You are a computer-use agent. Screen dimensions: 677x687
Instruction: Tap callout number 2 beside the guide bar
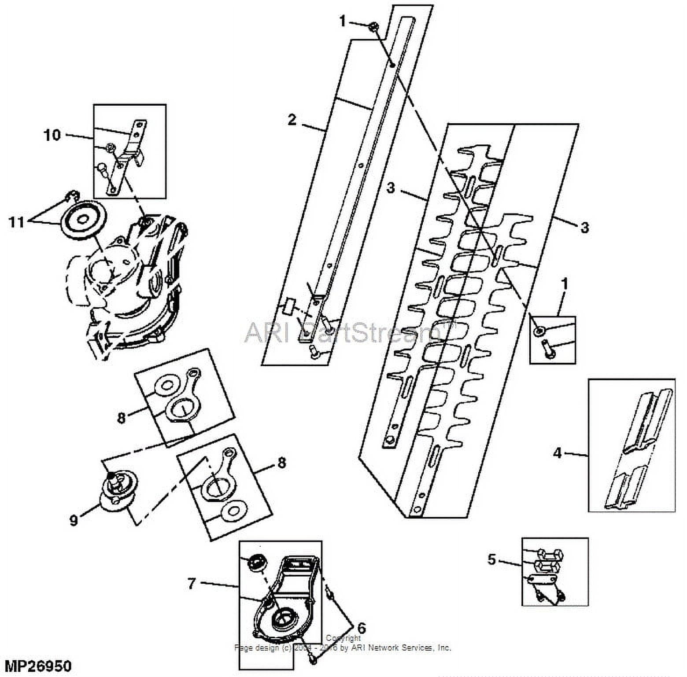click(x=292, y=120)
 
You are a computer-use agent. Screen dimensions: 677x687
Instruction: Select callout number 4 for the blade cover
click(x=558, y=453)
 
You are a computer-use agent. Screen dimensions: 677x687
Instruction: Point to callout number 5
click(x=492, y=559)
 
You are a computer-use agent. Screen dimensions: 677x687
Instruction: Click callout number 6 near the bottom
click(x=361, y=628)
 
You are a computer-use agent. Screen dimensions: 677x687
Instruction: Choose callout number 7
click(x=191, y=584)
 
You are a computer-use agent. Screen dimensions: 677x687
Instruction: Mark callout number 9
click(x=74, y=520)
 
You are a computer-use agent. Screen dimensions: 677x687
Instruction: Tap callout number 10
click(x=52, y=135)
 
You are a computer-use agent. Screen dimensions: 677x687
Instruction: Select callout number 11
click(x=17, y=222)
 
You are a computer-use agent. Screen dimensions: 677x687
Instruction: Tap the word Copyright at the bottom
click(x=343, y=638)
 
